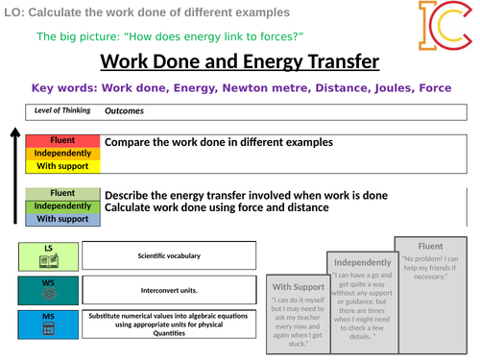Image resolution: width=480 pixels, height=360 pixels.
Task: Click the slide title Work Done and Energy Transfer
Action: pyautogui.click(x=240, y=63)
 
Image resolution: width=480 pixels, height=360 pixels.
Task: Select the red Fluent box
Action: pyautogui.click(x=62, y=141)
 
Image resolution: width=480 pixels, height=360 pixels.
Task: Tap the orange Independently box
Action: pyautogui.click(x=62, y=154)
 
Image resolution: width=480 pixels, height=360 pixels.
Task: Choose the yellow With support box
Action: pyautogui.click(x=62, y=166)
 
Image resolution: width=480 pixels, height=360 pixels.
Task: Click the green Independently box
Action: pyautogui.click(x=62, y=206)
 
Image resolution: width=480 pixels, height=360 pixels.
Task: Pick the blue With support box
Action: pyautogui.click(x=62, y=219)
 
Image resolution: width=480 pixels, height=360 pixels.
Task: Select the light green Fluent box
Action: pyautogui.click(x=62, y=194)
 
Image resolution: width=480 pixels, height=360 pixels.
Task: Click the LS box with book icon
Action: pyautogui.click(x=48, y=255)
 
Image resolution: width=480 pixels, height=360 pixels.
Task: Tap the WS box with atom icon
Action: pyautogui.click(x=48, y=289)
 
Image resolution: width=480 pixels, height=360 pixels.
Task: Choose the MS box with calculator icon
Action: pyautogui.click(x=48, y=324)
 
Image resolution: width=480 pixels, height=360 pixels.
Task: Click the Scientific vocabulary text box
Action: pyautogui.click(x=169, y=255)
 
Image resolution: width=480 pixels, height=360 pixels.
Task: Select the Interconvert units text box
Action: pyautogui.click(x=169, y=289)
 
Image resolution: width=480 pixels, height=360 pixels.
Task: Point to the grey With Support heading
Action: pyautogui.click(x=299, y=286)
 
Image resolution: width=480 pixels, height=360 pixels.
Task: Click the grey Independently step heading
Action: pyautogui.click(x=362, y=262)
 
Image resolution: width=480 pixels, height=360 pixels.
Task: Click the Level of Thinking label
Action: pyautogui.click(x=61, y=110)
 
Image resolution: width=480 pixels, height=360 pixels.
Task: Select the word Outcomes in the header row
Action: pyautogui.click(x=124, y=110)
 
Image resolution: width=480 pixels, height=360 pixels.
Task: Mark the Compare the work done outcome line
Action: pyautogui.click(x=218, y=142)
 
